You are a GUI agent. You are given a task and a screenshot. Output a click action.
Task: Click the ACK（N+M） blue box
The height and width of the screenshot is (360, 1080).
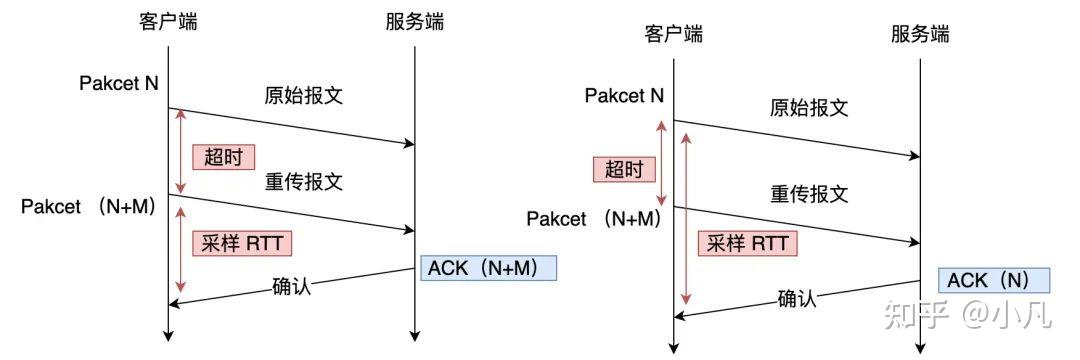pyautogui.click(x=488, y=268)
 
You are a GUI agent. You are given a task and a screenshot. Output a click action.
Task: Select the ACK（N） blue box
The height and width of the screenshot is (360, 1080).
pyautogui.click(x=987, y=280)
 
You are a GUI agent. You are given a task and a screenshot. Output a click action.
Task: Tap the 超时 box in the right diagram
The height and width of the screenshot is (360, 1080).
pyautogui.click(x=624, y=169)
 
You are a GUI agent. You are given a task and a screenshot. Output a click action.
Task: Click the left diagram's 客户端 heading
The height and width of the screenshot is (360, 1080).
pyautogui.click(x=168, y=21)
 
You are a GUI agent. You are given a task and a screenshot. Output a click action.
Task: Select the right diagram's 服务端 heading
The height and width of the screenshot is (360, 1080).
pyautogui.click(x=920, y=34)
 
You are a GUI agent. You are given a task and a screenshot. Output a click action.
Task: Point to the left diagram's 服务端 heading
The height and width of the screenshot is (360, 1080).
pyautogui.click(x=414, y=21)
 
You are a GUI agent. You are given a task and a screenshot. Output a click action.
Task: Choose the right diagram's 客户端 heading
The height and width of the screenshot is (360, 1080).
pyautogui.click(x=673, y=34)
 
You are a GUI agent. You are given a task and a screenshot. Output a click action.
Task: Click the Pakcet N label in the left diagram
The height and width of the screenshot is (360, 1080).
pyautogui.click(x=119, y=83)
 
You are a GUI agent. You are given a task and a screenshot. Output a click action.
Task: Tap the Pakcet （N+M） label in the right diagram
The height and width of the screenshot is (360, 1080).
pyautogui.click(x=593, y=219)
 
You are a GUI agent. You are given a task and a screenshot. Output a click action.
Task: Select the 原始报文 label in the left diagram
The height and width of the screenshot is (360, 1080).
pyautogui.click(x=303, y=96)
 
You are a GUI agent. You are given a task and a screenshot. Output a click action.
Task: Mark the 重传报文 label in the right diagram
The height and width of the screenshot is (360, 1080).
pyautogui.click(x=809, y=194)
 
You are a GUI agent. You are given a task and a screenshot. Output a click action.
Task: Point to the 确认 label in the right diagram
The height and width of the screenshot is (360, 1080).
pyautogui.click(x=797, y=298)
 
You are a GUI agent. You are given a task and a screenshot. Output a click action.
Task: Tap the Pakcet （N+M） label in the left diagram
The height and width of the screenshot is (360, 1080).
pyautogui.click(x=88, y=206)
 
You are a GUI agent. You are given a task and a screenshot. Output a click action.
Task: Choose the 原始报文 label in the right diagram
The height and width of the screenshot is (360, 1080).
pyautogui.click(x=809, y=108)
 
